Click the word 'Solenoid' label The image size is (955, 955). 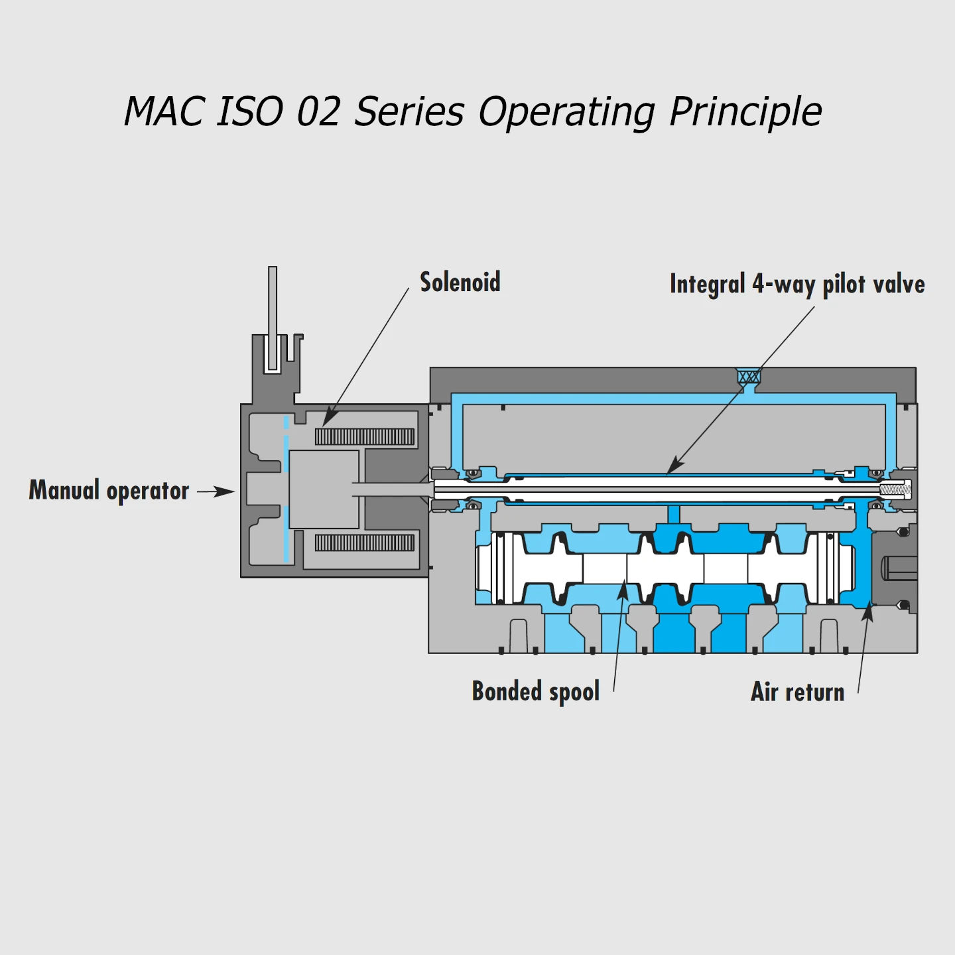pyautogui.click(x=460, y=283)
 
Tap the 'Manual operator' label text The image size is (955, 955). pyautogui.click(x=109, y=491)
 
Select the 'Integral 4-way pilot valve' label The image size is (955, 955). pyautogui.click(x=796, y=285)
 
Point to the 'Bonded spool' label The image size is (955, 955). pyautogui.click(x=535, y=692)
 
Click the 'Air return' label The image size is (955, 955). pyautogui.click(x=797, y=692)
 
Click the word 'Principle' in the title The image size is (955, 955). pyautogui.click(x=745, y=111)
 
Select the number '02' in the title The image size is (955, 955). pyautogui.click(x=318, y=111)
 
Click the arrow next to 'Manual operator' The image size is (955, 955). pyautogui.click(x=216, y=491)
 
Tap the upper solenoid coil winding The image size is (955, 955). pyautogui.click(x=364, y=436)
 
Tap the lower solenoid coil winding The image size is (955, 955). pyautogui.click(x=364, y=542)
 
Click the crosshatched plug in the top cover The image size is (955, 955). pyautogui.click(x=749, y=377)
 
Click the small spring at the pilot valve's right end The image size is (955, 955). pyautogui.click(x=895, y=490)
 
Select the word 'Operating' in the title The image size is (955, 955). pyautogui.click(x=566, y=111)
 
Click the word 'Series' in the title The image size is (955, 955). pyautogui.click(x=409, y=111)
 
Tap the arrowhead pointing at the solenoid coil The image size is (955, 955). pyautogui.click(x=329, y=418)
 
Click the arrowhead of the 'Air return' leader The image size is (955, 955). pyautogui.click(x=867, y=612)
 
